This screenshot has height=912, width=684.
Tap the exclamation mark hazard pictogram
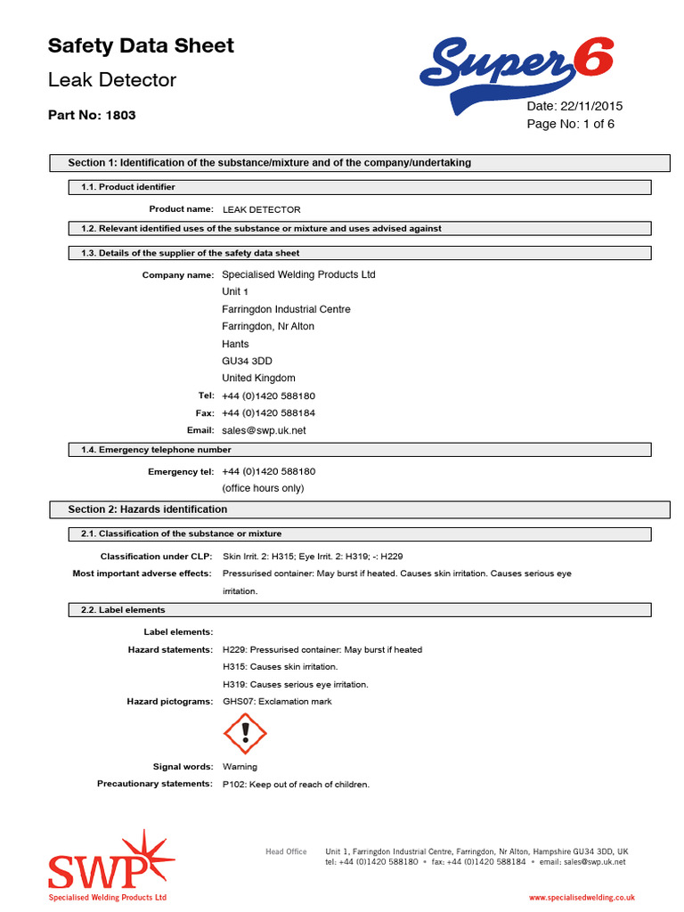click(x=244, y=733)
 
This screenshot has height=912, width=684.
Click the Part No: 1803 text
click(x=92, y=115)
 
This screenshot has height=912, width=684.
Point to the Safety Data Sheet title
click(x=141, y=45)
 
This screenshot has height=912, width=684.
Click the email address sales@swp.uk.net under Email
click(x=264, y=430)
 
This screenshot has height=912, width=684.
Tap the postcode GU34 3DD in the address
click(x=247, y=361)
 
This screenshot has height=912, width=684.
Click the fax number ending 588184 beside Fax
click(x=268, y=413)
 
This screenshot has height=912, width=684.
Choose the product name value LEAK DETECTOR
click(x=261, y=209)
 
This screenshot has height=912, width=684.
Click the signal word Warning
click(x=240, y=767)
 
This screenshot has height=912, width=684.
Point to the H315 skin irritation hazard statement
click(x=280, y=667)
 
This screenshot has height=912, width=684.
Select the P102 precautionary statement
click(x=296, y=785)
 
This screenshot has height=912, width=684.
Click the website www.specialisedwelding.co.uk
click(x=582, y=899)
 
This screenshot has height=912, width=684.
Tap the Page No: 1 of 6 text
click(x=570, y=124)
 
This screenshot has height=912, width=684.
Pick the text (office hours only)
click(x=263, y=488)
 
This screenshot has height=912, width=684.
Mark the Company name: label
click(x=177, y=275)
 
